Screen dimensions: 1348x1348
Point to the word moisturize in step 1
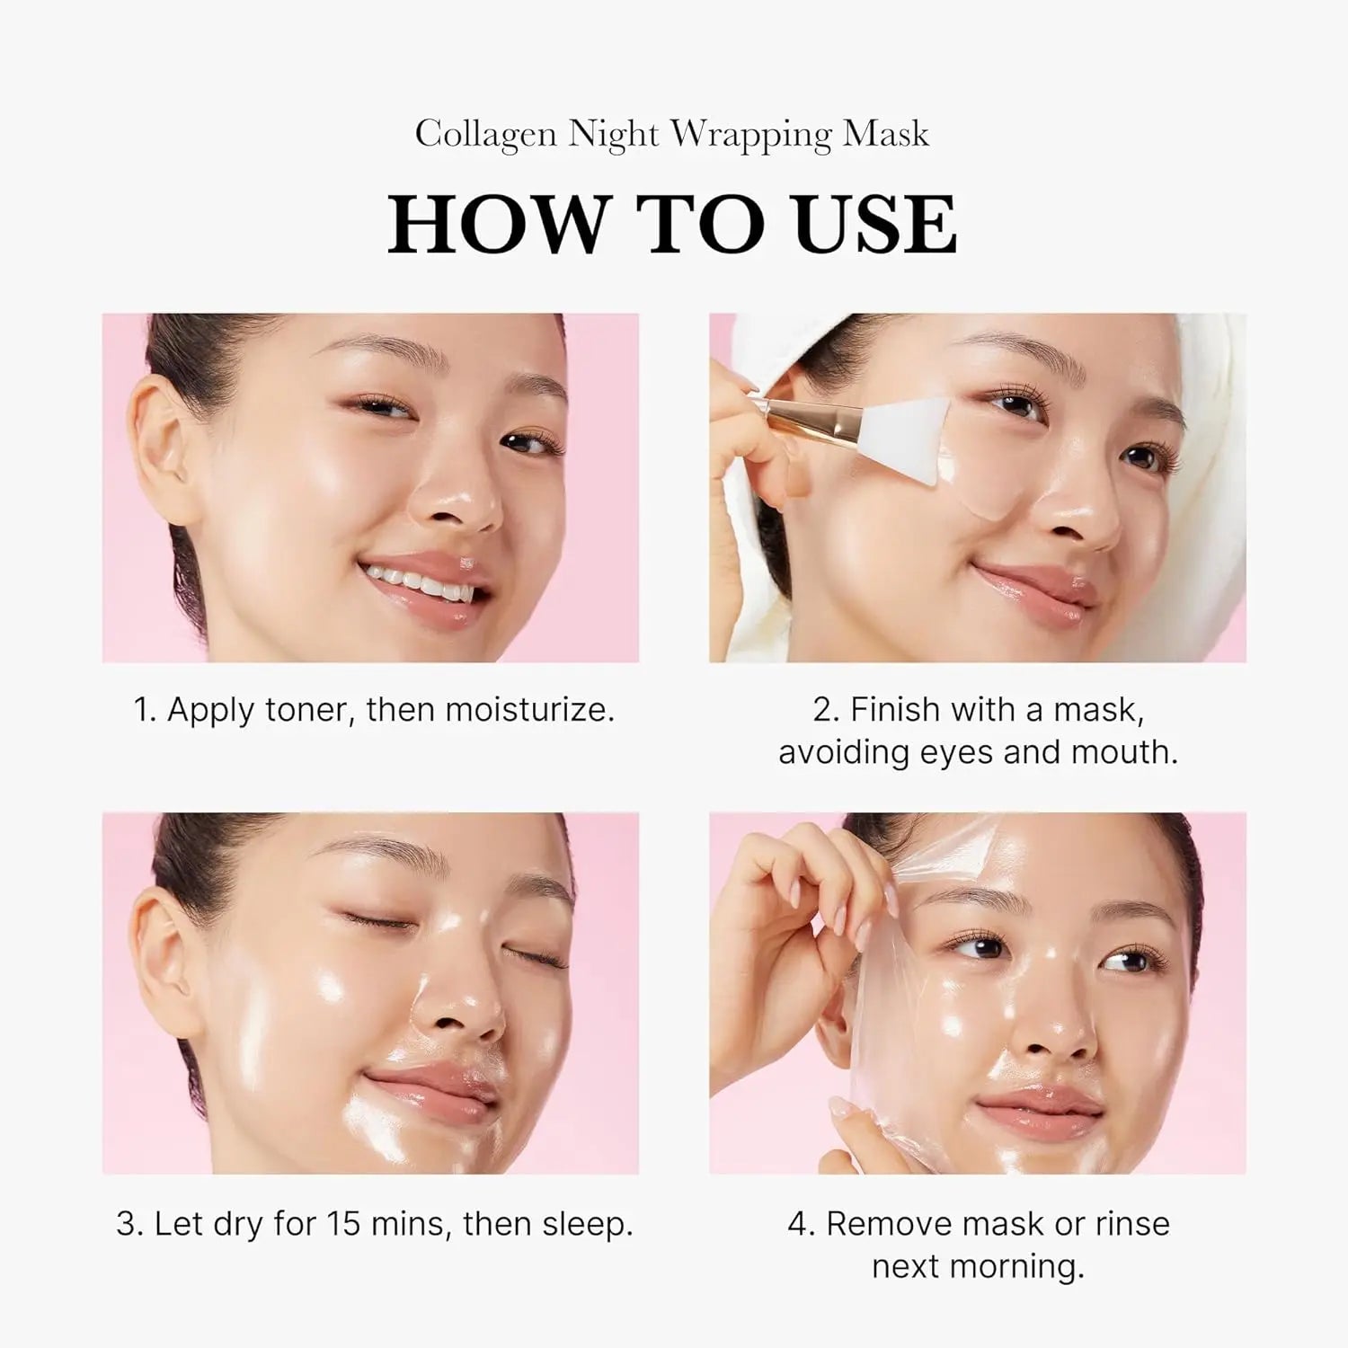click(529, 710)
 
